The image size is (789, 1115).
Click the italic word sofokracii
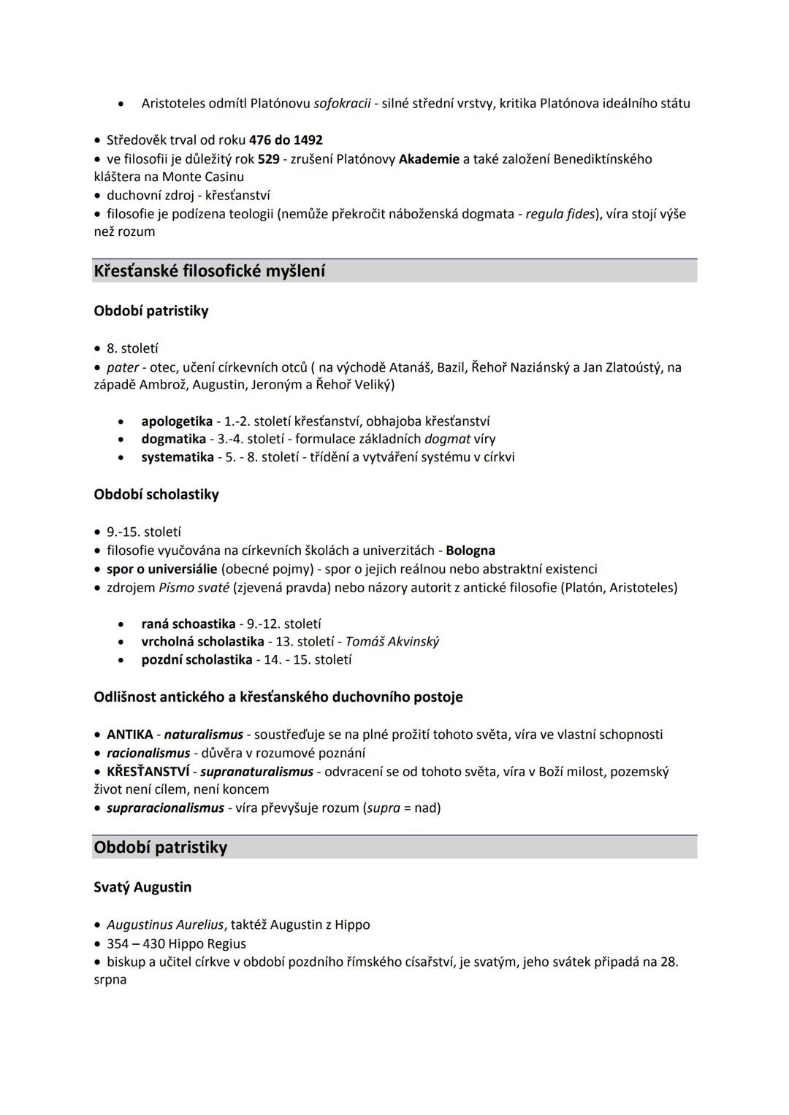(342, 104)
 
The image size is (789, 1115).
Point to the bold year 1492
(308, 140)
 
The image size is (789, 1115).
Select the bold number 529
(268, 159)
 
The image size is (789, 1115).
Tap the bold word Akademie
(429, 159)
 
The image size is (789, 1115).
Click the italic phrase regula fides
(560, 214)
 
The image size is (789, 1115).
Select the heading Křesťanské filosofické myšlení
(210, 271)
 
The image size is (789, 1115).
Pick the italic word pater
(122, 367)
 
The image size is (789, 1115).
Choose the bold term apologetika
(177, 421)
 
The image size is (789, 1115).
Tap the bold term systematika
(178, 457)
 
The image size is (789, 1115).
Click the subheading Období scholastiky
(156, 494)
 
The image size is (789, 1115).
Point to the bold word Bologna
(470, 551)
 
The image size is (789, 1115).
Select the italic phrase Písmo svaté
(194, 588)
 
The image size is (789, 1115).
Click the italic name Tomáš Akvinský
(392, 642)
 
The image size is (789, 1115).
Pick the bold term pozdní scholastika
(197, 660)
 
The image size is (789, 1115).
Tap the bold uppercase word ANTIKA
(130, 735)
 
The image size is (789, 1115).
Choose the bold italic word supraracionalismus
(165, 808)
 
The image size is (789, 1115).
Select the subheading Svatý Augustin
(142, 887)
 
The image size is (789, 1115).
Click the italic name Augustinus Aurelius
(165, 925)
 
